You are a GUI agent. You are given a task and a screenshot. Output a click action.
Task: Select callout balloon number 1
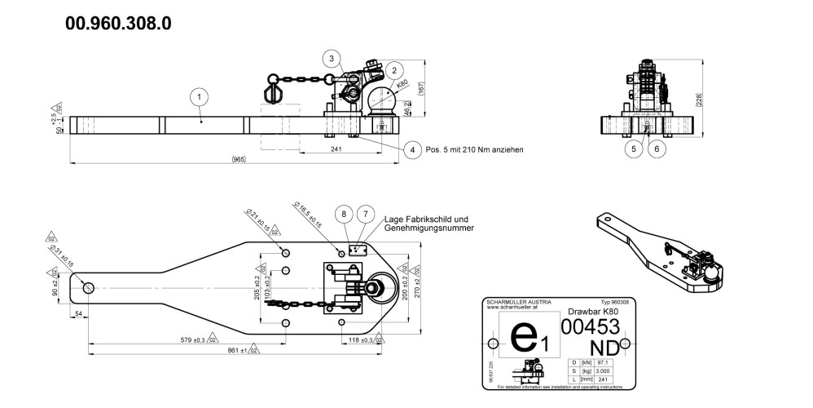click(198, 97)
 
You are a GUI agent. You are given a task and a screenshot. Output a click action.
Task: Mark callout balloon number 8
click(345, 213)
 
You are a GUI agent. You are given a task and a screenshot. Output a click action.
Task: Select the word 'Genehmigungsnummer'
click(428, 228)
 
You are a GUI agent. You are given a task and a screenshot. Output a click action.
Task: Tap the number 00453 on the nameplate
click(591, 326)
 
